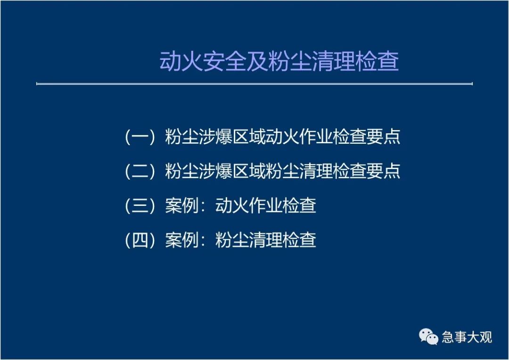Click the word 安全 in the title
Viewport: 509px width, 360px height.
[x=224, y=61]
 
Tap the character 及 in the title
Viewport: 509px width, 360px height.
[x=257, y=61]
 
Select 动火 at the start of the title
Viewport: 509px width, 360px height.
[x=181, y=61]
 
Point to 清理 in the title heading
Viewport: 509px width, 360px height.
[x=333, y=61]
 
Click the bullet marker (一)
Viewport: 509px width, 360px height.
[x=140, y=137]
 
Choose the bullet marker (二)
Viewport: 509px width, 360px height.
[x=140, y=171]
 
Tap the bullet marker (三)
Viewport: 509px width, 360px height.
[x=140, y=205]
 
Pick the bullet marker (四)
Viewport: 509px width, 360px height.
[x=140, y=240]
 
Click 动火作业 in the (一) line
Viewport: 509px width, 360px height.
[x=299, y=137]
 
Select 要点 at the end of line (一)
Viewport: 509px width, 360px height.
[x=383, y=137]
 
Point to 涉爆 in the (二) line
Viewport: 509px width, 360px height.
[x=215, y=171]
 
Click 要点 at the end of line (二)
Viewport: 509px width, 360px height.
[x=383, y=171]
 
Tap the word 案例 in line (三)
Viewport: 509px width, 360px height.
[x=182, y=205]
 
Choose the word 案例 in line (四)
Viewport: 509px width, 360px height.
[x=182, y=240]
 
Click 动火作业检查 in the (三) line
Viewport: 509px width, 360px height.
[x=266, y=205]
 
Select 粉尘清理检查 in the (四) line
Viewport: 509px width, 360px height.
[x=266, y=240]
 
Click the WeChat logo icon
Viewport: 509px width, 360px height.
[x=428, y=336]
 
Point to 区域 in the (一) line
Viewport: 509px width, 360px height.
[x=249, y=137]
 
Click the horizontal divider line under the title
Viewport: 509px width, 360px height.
[x=254, y=84]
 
